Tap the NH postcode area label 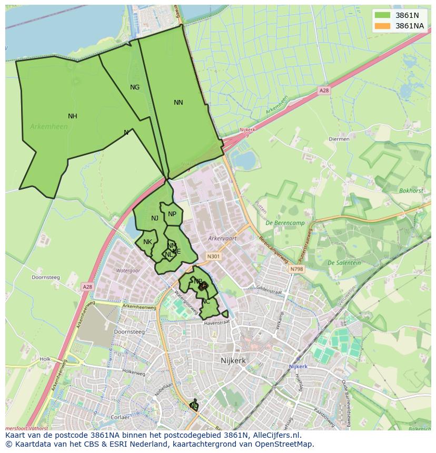tap(73, 116)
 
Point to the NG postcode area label tap(135, 87)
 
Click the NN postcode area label tap(179, 103)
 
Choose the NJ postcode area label tap(155, 218)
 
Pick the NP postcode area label tap(172, 214)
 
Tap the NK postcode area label tap(147, 242)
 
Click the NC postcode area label tap(206, 301)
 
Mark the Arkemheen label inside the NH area tap(48, 127)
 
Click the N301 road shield tap(213, 257)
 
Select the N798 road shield tap(296, 269)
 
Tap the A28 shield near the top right tap(324, 90)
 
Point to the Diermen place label tap(339, 139)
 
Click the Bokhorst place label tap(411, 191)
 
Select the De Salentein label tap(344, 263)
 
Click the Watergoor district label tap(127, 270)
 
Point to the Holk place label tap(45, 359)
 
